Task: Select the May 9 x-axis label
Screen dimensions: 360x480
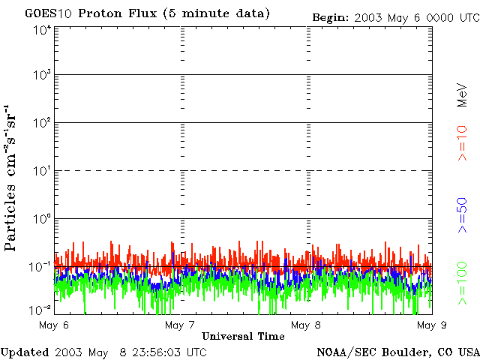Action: click(428, 325)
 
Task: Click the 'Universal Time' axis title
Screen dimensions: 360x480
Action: click(243, 336)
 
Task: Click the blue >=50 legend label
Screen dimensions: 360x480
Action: click(463, 217)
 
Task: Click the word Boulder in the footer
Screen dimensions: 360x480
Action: click(403, 352)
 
